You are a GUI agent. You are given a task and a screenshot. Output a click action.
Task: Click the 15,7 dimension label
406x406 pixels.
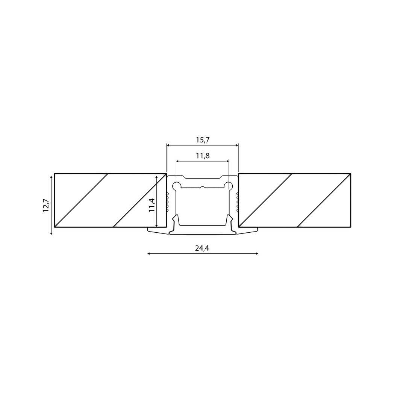pos(203,140)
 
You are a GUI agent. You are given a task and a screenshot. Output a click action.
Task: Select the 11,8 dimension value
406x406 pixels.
pos(203,156)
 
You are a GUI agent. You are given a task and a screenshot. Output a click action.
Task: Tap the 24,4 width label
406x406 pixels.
pos(202,248)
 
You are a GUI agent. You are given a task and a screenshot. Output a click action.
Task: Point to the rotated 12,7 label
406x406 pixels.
pos(46,205)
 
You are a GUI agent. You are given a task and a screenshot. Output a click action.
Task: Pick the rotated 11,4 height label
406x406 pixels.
pos(152,205)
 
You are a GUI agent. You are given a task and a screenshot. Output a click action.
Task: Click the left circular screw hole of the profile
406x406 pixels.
pos(177,185)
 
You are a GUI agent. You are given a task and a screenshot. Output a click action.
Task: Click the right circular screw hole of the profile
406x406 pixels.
pos(229,185)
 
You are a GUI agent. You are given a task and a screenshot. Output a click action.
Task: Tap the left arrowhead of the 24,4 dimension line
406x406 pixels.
pos(148,253)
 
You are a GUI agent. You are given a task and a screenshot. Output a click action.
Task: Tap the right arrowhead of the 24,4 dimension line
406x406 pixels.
pos(257,253)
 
